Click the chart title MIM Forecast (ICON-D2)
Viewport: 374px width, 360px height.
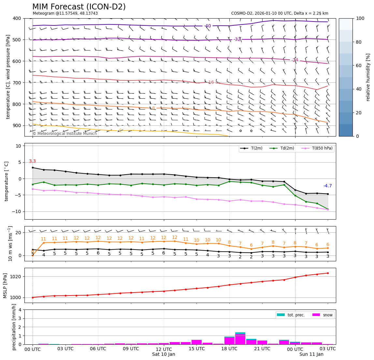(x=79, y=7)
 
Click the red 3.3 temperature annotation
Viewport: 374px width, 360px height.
(x=32, y=161)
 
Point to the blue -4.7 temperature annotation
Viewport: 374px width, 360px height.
(x=327, y=186)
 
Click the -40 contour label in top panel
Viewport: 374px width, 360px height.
(x=207, y=26)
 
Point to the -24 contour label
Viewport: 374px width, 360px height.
(x=295, y=60)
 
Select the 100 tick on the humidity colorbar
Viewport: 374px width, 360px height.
(x=360, y=18)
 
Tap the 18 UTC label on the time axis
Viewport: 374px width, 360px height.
(x=229, y=349)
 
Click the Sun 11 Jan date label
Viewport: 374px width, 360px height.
(x=311, y=354)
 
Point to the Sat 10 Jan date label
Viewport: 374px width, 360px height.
(x=164, y=354)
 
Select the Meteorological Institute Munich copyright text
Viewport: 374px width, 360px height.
(x=65, y=134)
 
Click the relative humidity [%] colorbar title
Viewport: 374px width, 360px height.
(x=368, y=77)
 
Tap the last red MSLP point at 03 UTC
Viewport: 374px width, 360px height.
(x=328, y=273)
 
